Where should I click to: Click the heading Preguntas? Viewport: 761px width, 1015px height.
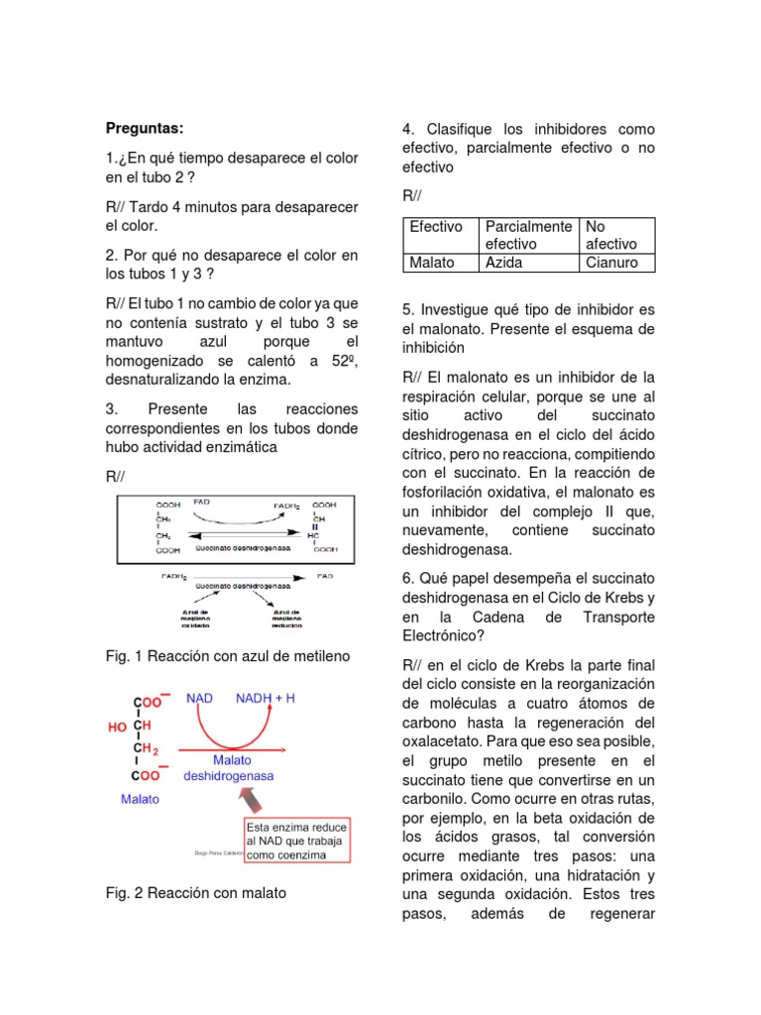coord(145,128)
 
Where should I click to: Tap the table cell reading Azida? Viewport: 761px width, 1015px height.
coord(504,263)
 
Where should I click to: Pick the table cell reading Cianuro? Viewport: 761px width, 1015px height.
coord(613,263)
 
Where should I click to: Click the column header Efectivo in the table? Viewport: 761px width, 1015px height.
coord(436,227)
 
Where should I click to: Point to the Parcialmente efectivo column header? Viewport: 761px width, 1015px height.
coord(528,235)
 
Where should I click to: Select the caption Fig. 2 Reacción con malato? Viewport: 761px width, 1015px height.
coord(195,893)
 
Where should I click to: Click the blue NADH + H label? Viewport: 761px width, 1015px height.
coord(265,698)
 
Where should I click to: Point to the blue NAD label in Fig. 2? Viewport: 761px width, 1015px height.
coord(200,698)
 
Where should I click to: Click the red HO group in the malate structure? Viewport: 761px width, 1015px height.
coord(117,727)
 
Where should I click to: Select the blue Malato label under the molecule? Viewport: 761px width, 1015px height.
coord(142,798)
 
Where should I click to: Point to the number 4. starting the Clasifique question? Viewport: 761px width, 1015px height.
coord(407,129)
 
